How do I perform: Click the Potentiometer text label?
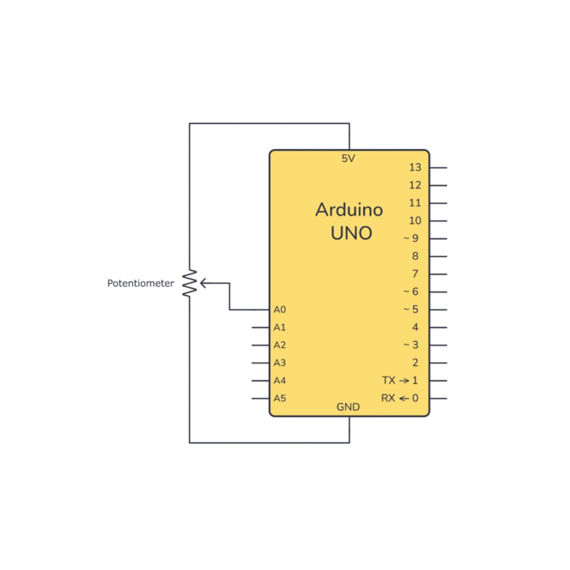coord(140,283)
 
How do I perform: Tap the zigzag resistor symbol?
coord(189,283)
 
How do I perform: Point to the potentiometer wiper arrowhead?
coord(203,283)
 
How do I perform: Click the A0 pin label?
coord(280,310)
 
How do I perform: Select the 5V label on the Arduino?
coord(349,159)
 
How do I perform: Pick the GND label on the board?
coord(349,407)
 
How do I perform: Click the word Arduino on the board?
coord(349,210)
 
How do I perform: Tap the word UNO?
coord(351,233)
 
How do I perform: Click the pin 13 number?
coord(415,167)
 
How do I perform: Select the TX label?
coord(388,381)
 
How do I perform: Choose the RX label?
coord(388,398)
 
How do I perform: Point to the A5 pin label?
coord(280,398)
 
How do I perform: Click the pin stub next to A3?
coord(260,363)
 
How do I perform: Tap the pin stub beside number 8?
coord(438,256)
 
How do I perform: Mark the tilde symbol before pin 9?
coord(406,239)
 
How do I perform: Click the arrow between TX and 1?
coord(404,381)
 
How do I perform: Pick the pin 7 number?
coord(415,274)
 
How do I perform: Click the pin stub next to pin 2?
coord(438,363)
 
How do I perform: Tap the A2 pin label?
coord(280,346)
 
